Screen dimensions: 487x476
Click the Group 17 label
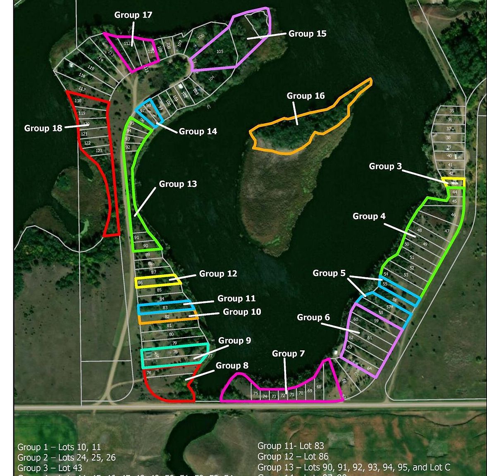(x=133, y=15)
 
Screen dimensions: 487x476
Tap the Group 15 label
(x=307, y=33)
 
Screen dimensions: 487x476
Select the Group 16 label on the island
(x=306, y=96)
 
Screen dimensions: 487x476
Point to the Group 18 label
(x=43, y=128)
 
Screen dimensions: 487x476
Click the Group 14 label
(x=198, y=131)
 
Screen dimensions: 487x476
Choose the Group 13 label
(x=178, y=184)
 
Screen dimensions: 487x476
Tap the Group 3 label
(x=385, y=166)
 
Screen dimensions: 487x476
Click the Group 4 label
(x=369, y=216)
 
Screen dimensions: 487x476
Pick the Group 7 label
(x=288, y=354)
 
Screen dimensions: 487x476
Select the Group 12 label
(x=218, y=274)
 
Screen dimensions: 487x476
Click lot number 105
(x=220, y=52)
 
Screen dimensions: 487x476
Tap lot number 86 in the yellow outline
(x=140, y=283)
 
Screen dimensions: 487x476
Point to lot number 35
(x=451, y=111)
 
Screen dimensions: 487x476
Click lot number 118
(x=78, y=101)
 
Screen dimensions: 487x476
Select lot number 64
(x=369, y=369)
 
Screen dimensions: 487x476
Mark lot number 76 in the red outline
(x=149, y=373)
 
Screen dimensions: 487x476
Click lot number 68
(x=319, y=387)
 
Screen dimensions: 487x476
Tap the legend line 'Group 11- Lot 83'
(x=290, y=446)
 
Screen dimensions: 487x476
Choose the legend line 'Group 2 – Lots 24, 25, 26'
(x=67, y=457)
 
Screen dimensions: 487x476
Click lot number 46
(x=453, y=215)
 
